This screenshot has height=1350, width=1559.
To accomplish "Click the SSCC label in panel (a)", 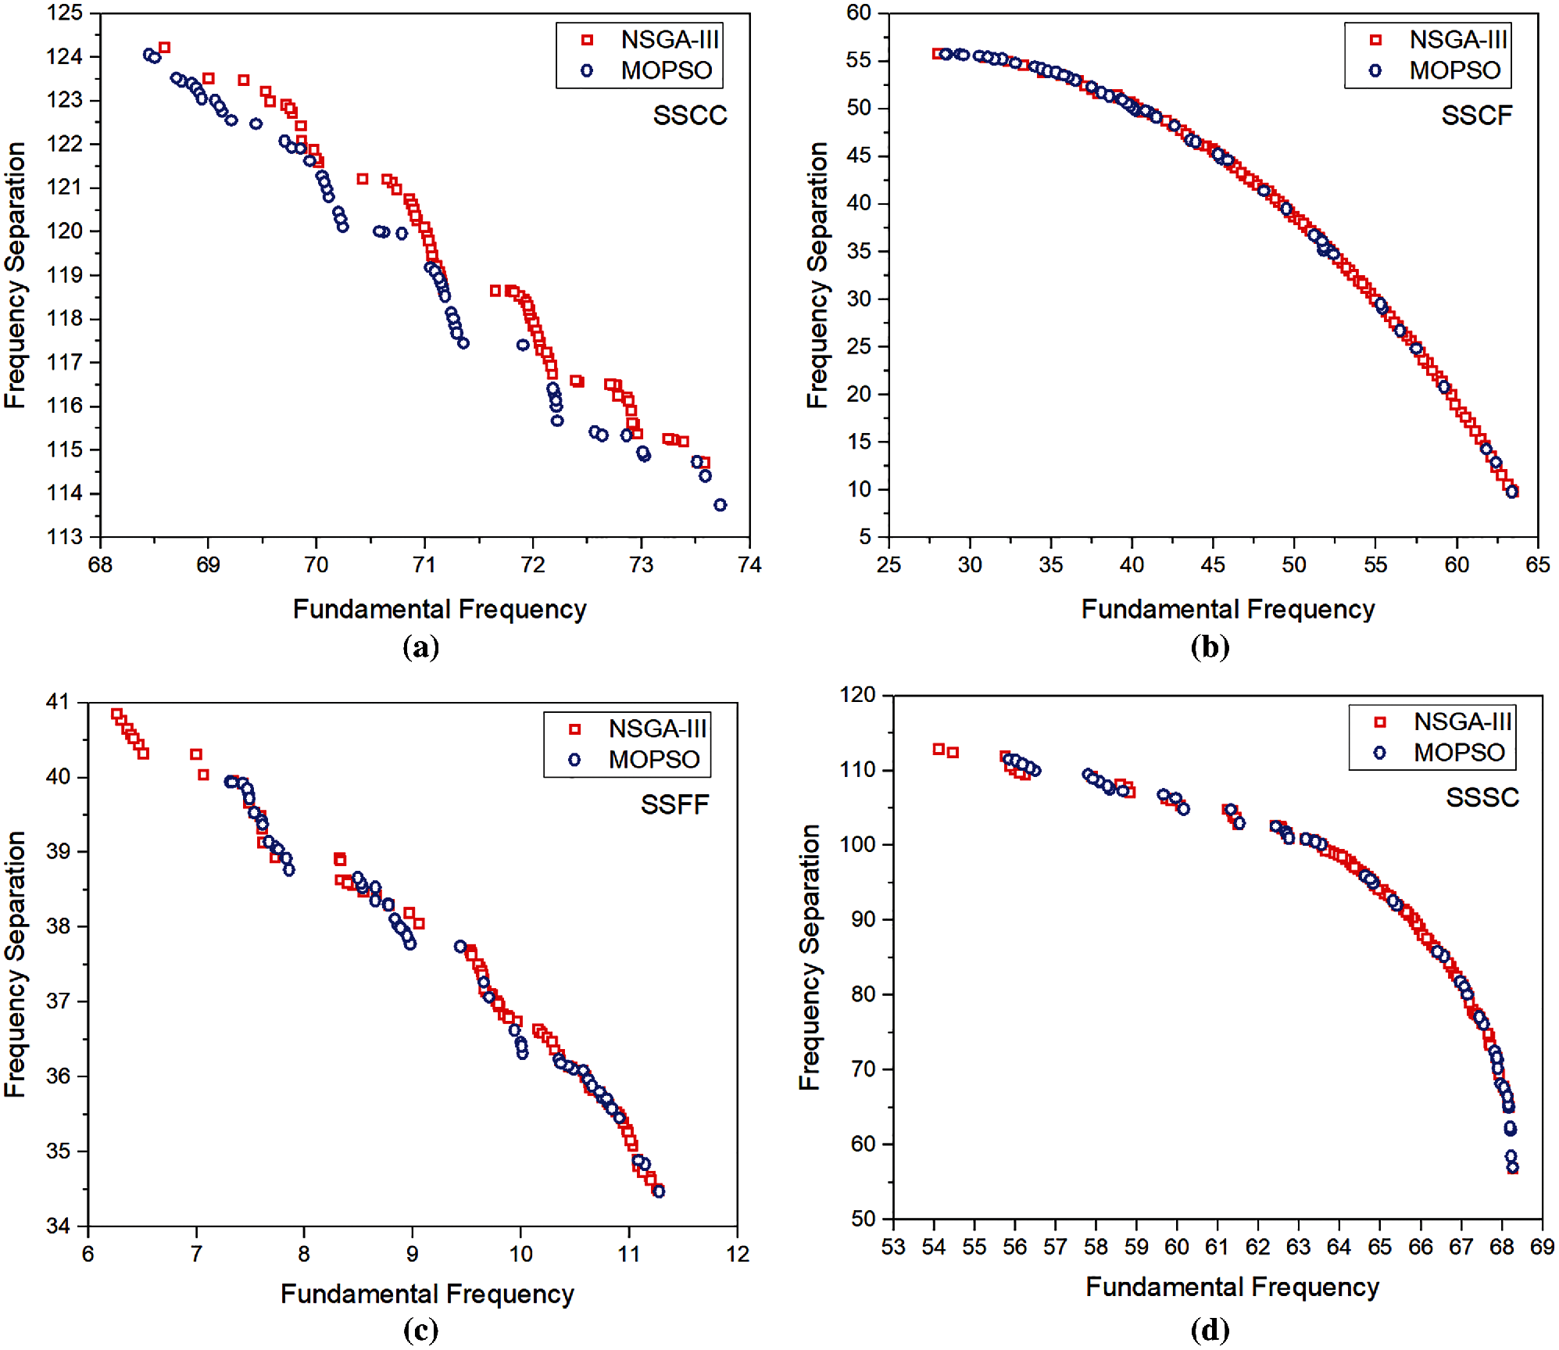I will pyautogui.click(x=689, y=116).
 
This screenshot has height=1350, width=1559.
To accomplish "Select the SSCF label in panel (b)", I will pyautogui.click(x=1476, y=116).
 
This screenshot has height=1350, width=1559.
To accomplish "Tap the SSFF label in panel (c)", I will pyautogui.click(x=674, y=804).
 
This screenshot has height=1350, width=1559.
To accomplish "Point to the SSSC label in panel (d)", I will pyautogui.click(x=1482, y=797).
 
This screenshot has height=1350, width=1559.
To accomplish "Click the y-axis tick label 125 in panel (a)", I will pyautogui.click(x=65, y=13).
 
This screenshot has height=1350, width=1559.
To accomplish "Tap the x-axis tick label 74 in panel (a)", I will pyautogui.click(x=749, y=565).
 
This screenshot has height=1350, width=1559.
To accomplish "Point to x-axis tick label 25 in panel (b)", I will pyautogui.click(x=889, y=565).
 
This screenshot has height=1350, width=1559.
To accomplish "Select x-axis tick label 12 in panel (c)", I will pyautogui.click(x=737, y=1254).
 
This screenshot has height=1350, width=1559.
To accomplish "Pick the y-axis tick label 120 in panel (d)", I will pyautogui.click(x=856, y=694).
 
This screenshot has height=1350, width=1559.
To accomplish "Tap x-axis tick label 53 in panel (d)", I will pyautogui.click(x=893, y=1247).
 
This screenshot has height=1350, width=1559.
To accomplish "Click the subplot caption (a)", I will pyautogui.click(x=420, y=646).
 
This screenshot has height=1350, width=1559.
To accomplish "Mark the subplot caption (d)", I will pyautogui.click(x=1209, y=1329).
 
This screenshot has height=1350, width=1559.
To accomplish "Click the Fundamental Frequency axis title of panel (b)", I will pyautogui.click(x=1228, y=609).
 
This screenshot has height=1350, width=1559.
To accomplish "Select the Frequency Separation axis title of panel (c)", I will pyautogui.click(x=16, y=963).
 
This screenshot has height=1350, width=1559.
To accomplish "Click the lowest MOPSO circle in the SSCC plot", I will pyautogui.click(x=720, y=505).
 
